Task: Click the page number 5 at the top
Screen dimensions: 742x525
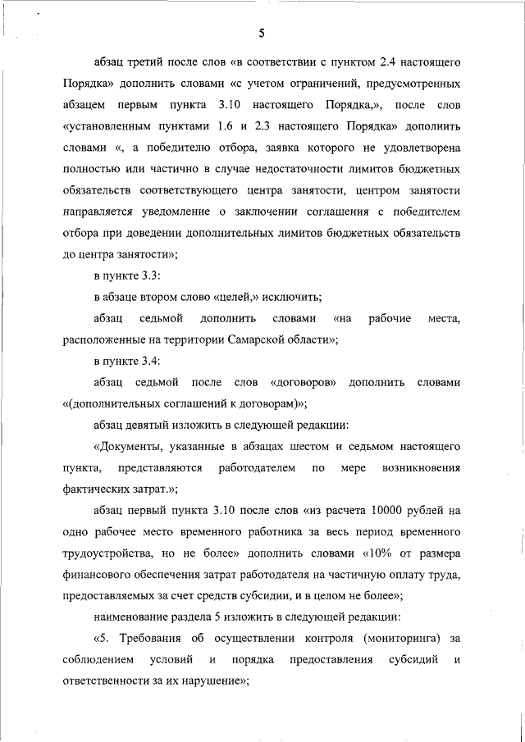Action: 261,34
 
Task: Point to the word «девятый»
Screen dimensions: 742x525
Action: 147,424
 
